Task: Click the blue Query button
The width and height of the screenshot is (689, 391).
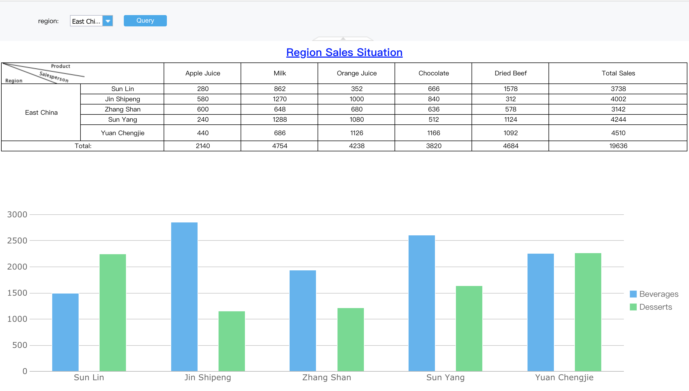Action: click(145, 21)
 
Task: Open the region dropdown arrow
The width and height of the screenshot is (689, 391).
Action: click(108, 21)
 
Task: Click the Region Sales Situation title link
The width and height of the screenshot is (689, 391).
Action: click(344, 52)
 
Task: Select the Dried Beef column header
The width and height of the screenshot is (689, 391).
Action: click(510, 73)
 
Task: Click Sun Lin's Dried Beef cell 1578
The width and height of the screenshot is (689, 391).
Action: click(510, 89)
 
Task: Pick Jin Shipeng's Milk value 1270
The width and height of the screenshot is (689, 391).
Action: click(280, 99)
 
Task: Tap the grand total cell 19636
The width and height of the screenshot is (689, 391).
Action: click(618, 146)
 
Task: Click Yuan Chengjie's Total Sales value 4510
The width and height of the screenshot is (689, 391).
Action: click(618, 133)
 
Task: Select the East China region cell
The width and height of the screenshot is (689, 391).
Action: click(41, 113)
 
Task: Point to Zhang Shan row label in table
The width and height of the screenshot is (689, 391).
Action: click(122, 109)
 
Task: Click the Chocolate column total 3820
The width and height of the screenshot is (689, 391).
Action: click(433, 146)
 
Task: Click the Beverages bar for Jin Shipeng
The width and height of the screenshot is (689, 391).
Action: click(184, 296)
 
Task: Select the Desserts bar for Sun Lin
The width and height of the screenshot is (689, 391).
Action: click(113, 312)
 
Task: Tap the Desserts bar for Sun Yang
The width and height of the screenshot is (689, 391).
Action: click(469, 329)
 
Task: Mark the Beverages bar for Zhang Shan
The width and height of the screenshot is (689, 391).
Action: click(303, 320)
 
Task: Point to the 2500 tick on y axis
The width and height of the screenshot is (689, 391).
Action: click(17, 241)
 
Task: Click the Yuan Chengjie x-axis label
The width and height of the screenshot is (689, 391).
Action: click(564, 378)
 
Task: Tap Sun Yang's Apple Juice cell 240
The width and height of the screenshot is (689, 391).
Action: click(203, 120)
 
